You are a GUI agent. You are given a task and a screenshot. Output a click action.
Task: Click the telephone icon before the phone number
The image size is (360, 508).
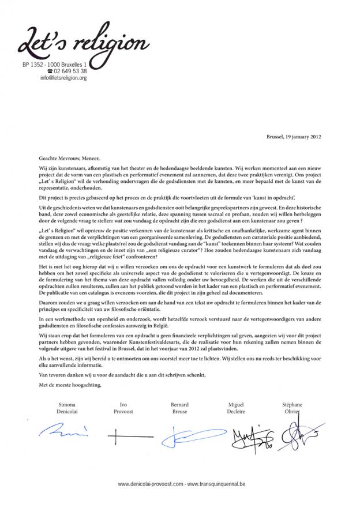58,72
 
